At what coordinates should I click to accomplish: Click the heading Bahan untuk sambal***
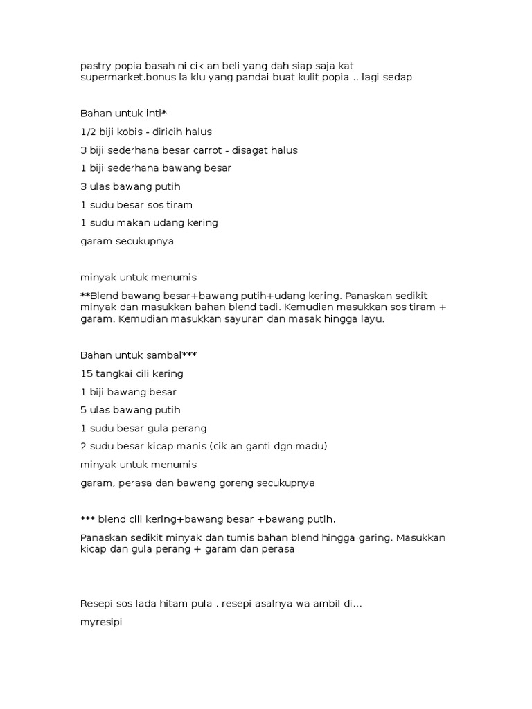click(x=139, y=355)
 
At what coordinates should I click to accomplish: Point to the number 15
click(x=87, y=373)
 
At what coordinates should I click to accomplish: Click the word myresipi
click(x=102, y=622)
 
